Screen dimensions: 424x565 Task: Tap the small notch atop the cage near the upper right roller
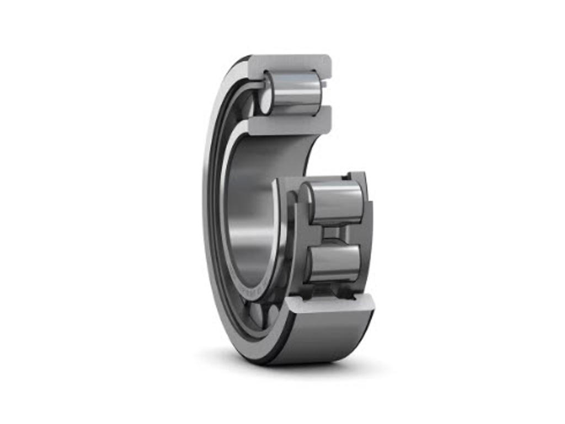point(346,177)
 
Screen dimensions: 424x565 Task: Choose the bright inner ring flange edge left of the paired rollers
point(281,232)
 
